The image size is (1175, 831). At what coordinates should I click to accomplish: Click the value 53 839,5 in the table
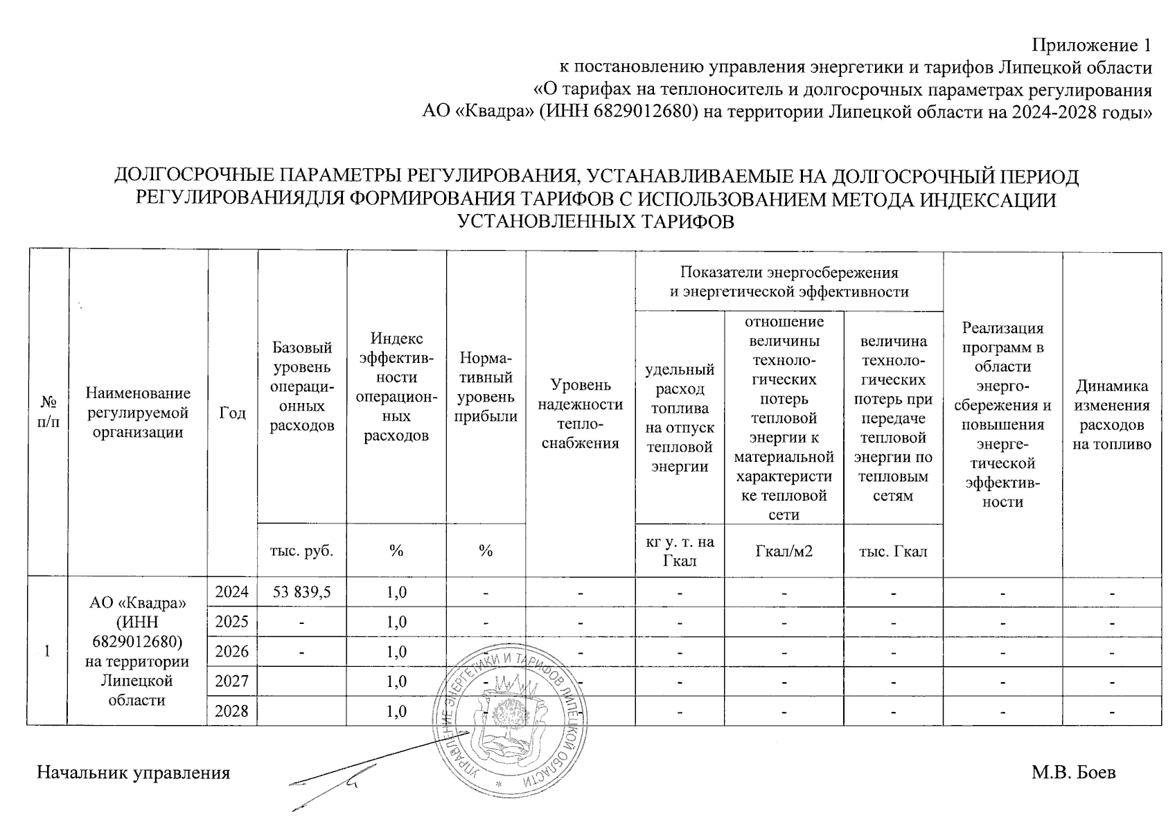pyautogui.click(x=302, y=592)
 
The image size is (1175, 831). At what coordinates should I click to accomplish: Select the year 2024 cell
pyautogui.click(x=232, y=592)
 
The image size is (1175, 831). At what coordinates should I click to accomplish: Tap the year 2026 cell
pyautogui.click(x=232, y=652)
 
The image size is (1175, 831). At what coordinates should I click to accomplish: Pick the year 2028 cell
pyautogui.click(x=232, y=711)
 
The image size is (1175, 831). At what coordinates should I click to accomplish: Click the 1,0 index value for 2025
pyautogui.click(x=396, y=622)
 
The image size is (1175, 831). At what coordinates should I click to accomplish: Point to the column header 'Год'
pyautogui.click(x=233, y=413)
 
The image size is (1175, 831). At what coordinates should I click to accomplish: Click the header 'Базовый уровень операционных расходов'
pyautogui.click(x=302, y=386)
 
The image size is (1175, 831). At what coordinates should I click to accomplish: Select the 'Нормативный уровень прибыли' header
pyautogui.click(x=486, y=387)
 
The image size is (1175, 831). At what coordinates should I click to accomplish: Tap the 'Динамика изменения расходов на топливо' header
pyautogui.click(x=1112, y=415)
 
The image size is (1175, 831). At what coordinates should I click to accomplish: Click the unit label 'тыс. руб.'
pyautogui.click(x=302, y=551)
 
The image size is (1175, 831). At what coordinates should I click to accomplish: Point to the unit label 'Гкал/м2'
pyautogui.click(x=784, y=551)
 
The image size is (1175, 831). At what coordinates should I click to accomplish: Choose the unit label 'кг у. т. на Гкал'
pyautogui.click(x=679, y=551)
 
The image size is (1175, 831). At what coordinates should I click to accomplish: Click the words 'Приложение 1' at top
pyautogui.click(x=1092, y=46)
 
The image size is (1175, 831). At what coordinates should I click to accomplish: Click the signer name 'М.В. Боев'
pyautogui.click(x=1073, y=772)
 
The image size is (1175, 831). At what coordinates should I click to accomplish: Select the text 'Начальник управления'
pyautogui.click(x=133, y=773)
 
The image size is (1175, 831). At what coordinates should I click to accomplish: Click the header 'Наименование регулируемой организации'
pyautogui.click(x=138, y=413)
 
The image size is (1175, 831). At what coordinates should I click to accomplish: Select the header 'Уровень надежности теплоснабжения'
pyautogui.click(x=580, y=414)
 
